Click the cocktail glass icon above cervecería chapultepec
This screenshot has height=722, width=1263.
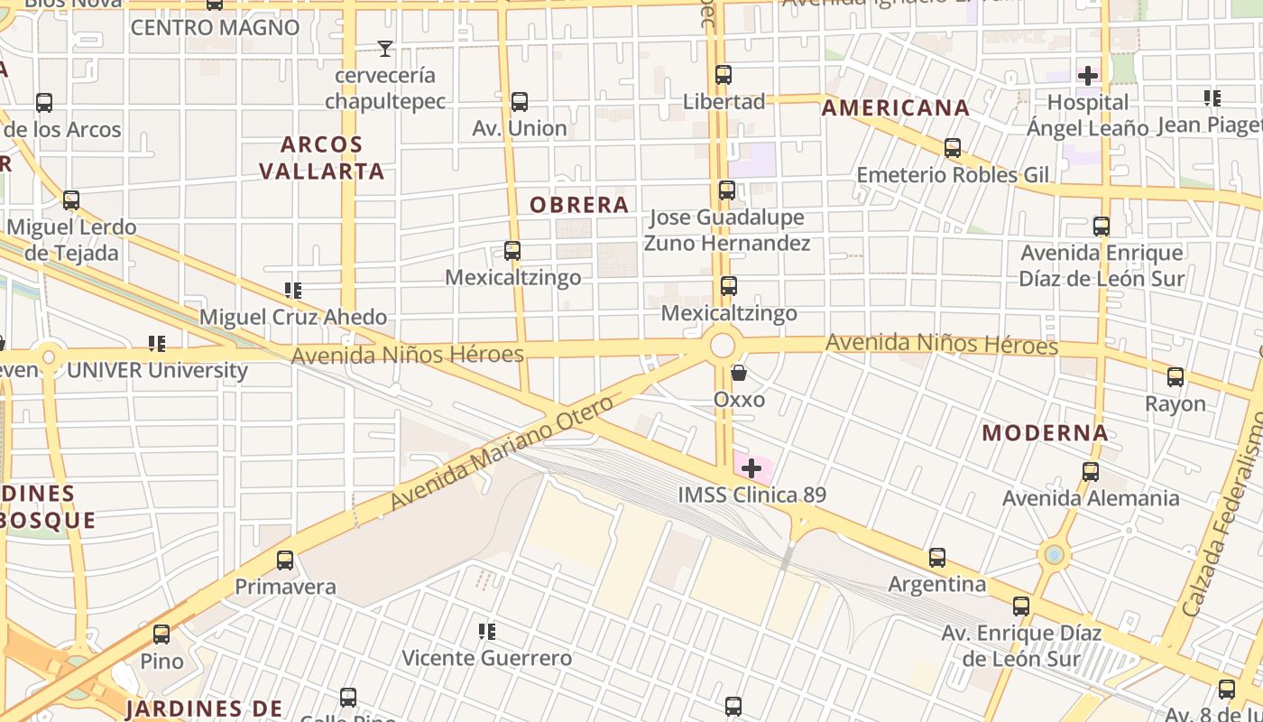[x=385, y=49]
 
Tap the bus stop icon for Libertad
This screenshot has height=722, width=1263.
[x=724, y=75]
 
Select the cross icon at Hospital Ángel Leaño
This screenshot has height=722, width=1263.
[x=1088, y=75]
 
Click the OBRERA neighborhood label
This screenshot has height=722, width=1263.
[x=579, y=205]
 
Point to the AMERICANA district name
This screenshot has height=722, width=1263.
[x=896, y=108]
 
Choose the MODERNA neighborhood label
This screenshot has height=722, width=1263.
[x=1046, y=433]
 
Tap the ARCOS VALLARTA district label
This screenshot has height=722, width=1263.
[x=322, y=158]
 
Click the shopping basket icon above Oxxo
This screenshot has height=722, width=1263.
[x=739, y=373]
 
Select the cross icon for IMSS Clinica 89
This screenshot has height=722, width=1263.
[x=751, y=467]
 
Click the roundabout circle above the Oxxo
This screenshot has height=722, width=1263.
[x=723, y=345]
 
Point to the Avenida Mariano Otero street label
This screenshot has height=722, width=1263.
[x=502, y=452]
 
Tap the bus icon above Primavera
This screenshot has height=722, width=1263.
[x=285, y=560]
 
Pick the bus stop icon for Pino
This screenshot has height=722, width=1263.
[x=161, y=634]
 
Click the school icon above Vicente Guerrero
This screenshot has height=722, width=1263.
[x=487, y=631]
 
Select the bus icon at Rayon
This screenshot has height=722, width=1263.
[x=1175, y=377]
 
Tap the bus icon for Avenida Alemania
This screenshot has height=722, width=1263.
[x=1091, y=471]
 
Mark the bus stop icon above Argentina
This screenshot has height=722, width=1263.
[x=937, y=558]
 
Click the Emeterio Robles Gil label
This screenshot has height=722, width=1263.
[x=953, y=174]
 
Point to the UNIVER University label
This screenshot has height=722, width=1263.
[x=158, y=370]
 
